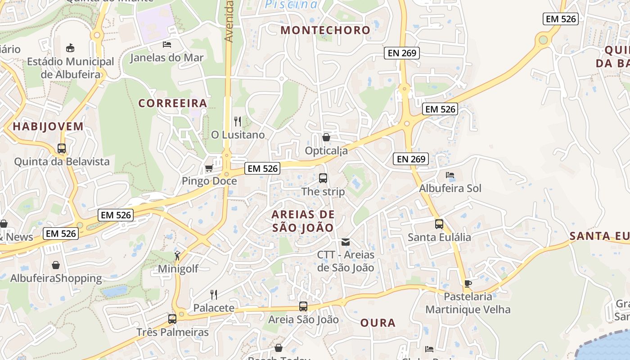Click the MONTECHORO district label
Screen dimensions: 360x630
[325, 30]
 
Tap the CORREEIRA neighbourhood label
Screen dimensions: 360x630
[173, 103]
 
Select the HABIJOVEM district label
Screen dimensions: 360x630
[48, 126]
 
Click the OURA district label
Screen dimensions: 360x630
[378, 323]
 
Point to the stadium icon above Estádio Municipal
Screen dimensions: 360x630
[70, 48]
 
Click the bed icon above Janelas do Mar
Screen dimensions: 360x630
[167, 44]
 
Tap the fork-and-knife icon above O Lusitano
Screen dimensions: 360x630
[238, 121]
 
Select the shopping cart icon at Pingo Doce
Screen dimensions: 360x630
[209, 168]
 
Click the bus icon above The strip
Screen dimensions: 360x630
[323, 178]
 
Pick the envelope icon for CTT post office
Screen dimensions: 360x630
[346, 242]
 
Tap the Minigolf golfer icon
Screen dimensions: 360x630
[178, 256]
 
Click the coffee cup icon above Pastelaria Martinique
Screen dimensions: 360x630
[468, 283]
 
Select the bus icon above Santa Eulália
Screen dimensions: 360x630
[439, 224]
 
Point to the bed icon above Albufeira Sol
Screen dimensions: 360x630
[450, 175]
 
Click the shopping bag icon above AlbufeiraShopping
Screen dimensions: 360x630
[56, 265]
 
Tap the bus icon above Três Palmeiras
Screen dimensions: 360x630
[172, 319]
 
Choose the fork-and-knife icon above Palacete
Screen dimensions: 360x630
[214, 295]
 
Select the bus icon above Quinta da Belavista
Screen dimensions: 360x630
[62, 148]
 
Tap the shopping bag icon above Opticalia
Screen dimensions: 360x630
[326, 137]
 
